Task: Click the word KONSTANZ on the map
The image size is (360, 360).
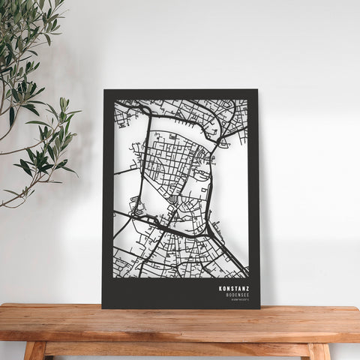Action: click(235, 287)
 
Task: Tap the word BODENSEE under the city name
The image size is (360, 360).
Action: click(238, 294)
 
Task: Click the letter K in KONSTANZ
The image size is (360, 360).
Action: click(221, 287)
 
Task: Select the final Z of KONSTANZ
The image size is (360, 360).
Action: click(248, 287)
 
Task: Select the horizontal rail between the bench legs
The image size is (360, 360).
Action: click(176, 349)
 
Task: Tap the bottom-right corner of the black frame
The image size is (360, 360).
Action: click(259, 307)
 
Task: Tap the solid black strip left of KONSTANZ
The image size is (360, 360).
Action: click(157, 292)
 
